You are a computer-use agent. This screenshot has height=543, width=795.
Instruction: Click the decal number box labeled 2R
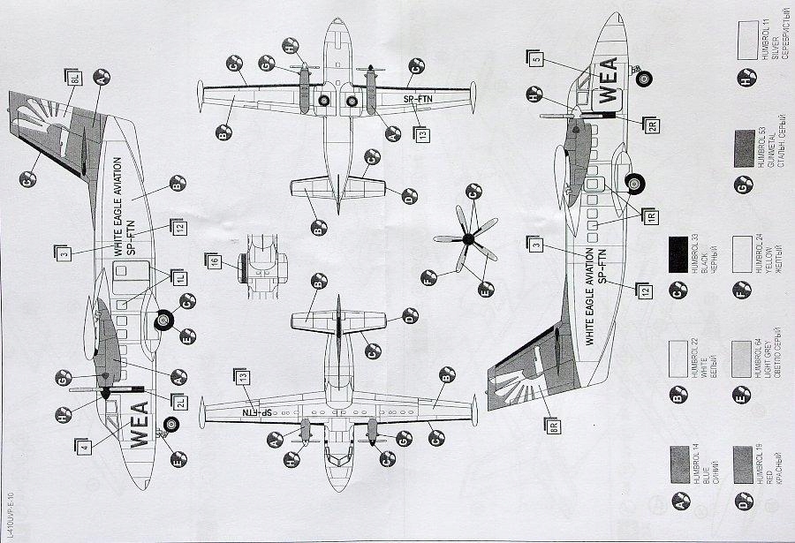(x=651, y=126)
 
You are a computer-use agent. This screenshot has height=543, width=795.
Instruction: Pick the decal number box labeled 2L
(x=180, y=402)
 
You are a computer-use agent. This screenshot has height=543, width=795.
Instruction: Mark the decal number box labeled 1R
(x=651, y=215)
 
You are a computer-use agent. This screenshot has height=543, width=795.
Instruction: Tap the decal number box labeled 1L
(x=180, y=279)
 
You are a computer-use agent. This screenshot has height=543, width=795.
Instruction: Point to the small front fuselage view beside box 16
(x=264, y=260)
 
